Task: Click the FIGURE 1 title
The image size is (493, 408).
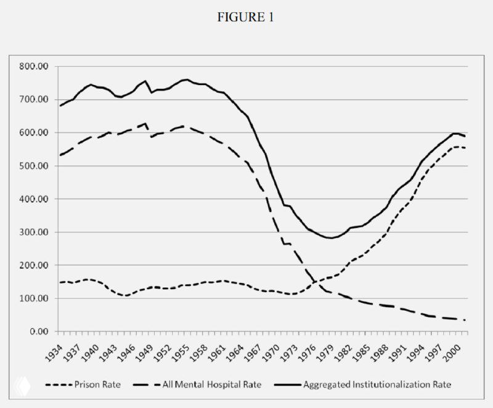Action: point(246,18)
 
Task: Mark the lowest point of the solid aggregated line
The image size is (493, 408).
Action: point(332,238)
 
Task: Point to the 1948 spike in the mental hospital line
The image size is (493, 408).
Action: point(145,124)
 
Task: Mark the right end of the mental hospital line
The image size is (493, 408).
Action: point(464,320)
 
